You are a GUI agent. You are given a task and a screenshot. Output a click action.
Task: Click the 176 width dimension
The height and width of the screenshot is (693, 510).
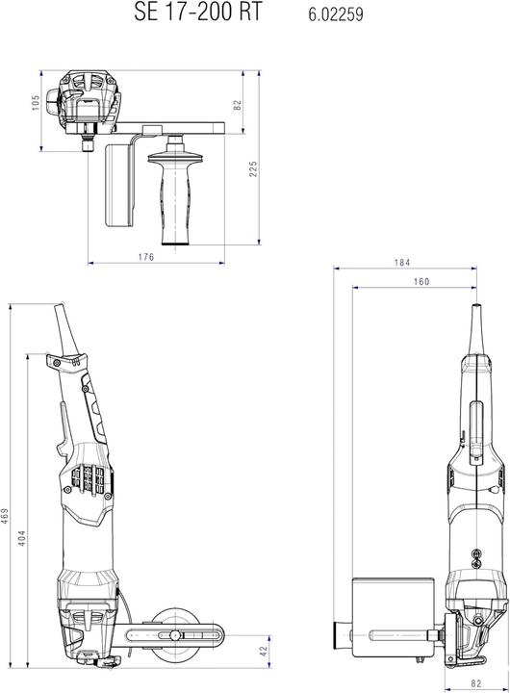[x=145, y=256]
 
